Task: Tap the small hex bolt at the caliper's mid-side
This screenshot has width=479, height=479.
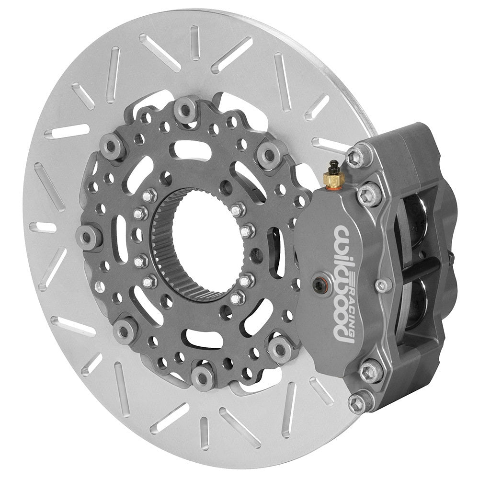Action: (382, 285)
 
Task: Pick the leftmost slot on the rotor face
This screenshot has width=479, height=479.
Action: (46, 227)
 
